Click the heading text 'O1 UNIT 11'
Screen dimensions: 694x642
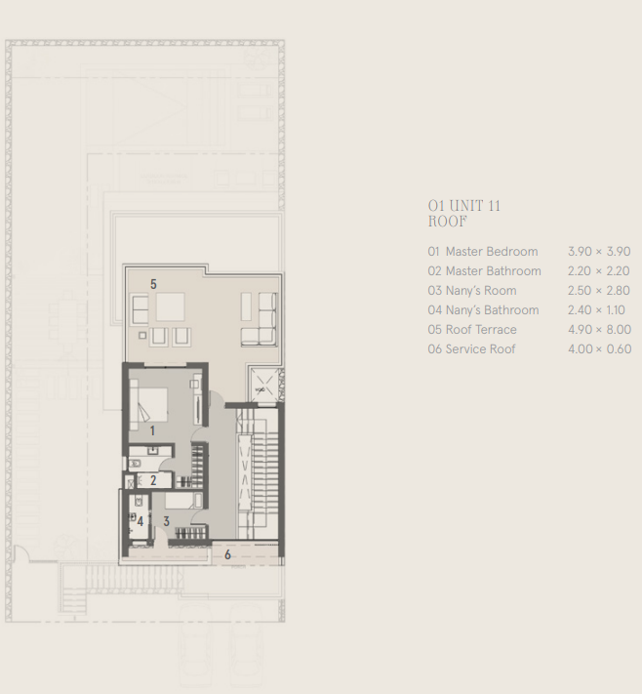464,206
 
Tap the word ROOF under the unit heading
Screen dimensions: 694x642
448,221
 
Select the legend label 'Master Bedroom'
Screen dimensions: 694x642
491,252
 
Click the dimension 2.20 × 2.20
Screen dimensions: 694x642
598,271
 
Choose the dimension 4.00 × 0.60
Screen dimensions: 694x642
599,349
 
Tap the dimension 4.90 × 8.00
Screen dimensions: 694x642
599,330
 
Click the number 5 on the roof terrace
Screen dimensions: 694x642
153,284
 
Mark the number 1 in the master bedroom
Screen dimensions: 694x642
152,429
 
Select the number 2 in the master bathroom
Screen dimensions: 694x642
152,480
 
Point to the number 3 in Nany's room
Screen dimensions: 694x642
166,522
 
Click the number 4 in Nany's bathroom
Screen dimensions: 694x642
140,522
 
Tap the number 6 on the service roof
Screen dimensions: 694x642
227,554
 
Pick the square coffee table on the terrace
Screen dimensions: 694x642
171,307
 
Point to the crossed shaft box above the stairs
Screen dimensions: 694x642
262,385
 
